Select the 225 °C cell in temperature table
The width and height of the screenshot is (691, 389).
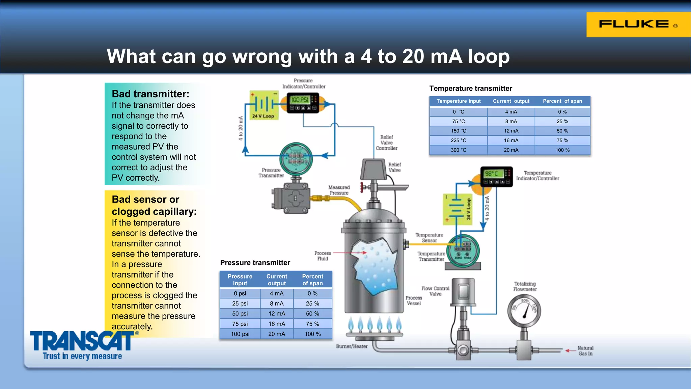(458, 140)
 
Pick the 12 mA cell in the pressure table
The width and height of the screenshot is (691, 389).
(277, 314)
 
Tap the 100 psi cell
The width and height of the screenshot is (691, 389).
(240, 334)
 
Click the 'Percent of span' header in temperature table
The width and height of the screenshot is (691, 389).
(562, 101)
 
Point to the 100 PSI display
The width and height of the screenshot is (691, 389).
(300, 100)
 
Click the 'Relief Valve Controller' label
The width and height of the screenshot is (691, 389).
(387, 143)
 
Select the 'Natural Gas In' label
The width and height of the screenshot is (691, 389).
(585, 351)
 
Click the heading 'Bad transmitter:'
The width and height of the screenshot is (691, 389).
(150, 94)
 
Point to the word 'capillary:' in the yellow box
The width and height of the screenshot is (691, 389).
(175, 212)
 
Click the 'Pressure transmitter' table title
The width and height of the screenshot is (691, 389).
(255, 263)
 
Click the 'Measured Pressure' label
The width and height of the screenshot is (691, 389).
(339, 190)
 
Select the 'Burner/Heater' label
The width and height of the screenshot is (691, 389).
(352, 346)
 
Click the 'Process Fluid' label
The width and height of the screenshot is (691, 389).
(323, 256)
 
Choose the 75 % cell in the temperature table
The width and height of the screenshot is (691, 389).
(562, 140)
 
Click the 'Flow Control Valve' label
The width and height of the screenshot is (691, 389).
(435, 291)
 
